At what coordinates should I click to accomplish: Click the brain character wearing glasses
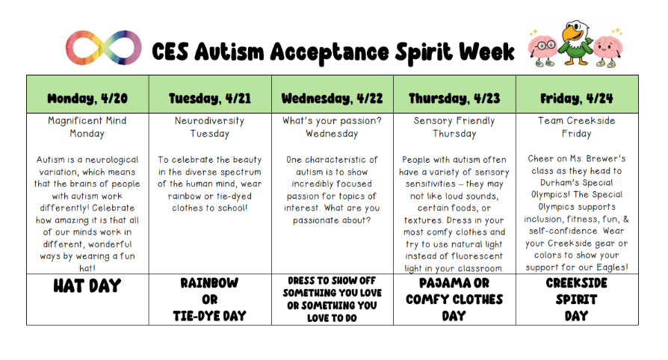click(x=543, y=49)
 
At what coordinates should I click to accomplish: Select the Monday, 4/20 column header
click(x=87, y=98)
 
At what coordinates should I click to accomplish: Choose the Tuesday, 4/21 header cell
click(x=210, y=98)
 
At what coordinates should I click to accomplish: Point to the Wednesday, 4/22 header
click(x=332, y=98)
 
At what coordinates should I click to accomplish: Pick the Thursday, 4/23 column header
click(x=454, y=98)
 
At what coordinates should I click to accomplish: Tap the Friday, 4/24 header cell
click(x=577, y=98)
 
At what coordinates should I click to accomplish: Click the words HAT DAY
click(x=87, y=286)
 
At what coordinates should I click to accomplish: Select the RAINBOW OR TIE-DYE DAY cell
click(x=210, y=300)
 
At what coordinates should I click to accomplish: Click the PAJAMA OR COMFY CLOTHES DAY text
click(x=454, y=300)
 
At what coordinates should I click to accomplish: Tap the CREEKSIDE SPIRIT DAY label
click(x=577, y=300)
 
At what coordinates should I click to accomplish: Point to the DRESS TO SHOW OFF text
click(x=332, y=282)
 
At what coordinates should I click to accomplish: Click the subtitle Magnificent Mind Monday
click(x=87, y=127)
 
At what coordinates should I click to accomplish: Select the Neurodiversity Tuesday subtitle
click(x=210, y=127)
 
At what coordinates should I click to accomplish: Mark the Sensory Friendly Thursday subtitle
click(x=454, y=127)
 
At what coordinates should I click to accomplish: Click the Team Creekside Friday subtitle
click(x=577, y=127)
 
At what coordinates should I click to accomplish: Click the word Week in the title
click(x=486, y=52)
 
